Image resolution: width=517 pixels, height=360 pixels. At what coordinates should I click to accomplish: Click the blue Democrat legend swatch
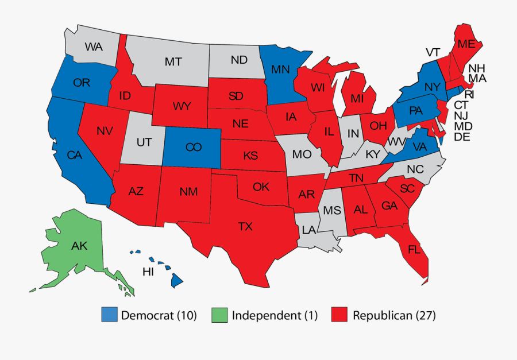[109, 315]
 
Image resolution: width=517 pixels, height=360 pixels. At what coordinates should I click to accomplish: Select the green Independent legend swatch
[220, 315]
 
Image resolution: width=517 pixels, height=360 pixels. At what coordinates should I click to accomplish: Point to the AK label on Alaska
[79, 246]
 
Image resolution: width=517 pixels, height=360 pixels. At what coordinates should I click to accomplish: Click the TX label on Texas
[245, 226]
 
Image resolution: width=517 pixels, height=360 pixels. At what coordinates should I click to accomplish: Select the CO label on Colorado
[194, 147]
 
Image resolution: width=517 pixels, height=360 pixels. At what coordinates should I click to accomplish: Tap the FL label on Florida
[414, 249]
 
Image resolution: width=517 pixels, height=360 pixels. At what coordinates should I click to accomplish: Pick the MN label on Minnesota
[280, 70]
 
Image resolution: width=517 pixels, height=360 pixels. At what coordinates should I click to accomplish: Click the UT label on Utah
[143, 141]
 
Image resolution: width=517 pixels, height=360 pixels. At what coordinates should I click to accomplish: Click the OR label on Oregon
[82, 83]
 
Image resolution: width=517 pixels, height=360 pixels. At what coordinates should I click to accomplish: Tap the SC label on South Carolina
[408, 189]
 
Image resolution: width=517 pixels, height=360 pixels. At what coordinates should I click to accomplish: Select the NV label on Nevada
[104, 131]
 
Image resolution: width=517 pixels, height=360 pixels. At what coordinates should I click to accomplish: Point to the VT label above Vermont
[433, 52]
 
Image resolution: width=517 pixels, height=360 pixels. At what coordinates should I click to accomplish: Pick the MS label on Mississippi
[332, 210]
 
